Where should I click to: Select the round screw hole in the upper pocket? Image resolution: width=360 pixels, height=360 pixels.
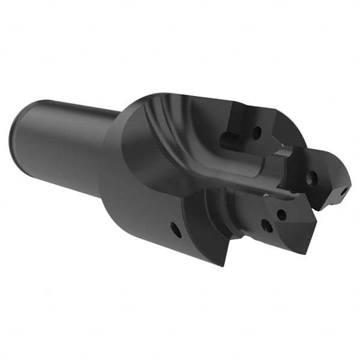257,132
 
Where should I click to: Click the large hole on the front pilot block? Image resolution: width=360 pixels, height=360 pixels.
311,177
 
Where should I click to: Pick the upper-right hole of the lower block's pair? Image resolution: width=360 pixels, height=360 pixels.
281,215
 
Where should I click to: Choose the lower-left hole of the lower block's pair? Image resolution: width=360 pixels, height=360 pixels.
266,226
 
